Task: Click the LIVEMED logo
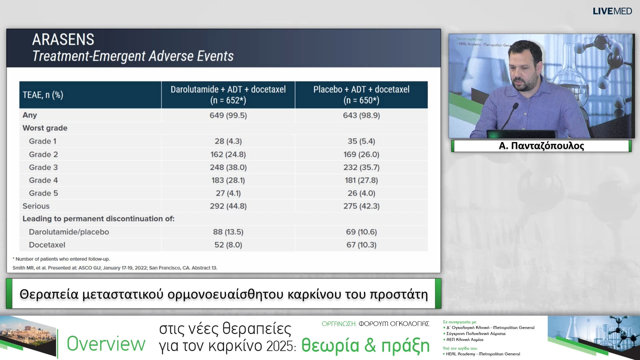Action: pyautogui.click(x=612, y=11)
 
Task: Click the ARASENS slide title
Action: pyautogui.click(x=63, y=39)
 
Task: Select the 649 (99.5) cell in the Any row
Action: pyautogui.click(x=228, y=115)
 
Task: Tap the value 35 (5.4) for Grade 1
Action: pyautogui.click(x=361, y=141)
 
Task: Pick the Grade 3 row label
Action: pyautogui.click(x=43, y=167)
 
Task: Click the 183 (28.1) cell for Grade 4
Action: pyautogui.click(x=228, y=180)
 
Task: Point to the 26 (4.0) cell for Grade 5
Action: pyautogui.click(x=361, y=193)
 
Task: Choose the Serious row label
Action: pyautogui.click(x=36, y=206)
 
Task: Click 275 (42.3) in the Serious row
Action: pyautogui.click(x=361, y=206)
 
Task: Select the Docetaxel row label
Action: pyautogui.click(x=47, y=245)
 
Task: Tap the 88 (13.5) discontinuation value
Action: pyautogui.click(x=228, y=232)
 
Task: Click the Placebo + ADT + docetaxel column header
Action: pyautogui.click(x=361, y=95)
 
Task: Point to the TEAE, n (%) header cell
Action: pyautogui.click(x=43, y=95)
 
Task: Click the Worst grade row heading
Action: pyautogui.click(x=45, y=128)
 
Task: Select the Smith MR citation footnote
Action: pyautogui.click(x=115, y=268)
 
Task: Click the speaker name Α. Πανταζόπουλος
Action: pyautogui.click(x=541, y=146)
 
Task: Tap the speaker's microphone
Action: pyautogui.click(x=514, y=107)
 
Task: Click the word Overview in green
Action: pyautogui.click(x=106, y=344)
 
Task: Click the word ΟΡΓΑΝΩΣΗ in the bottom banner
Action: pyautogui.click(x=339, y=324)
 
